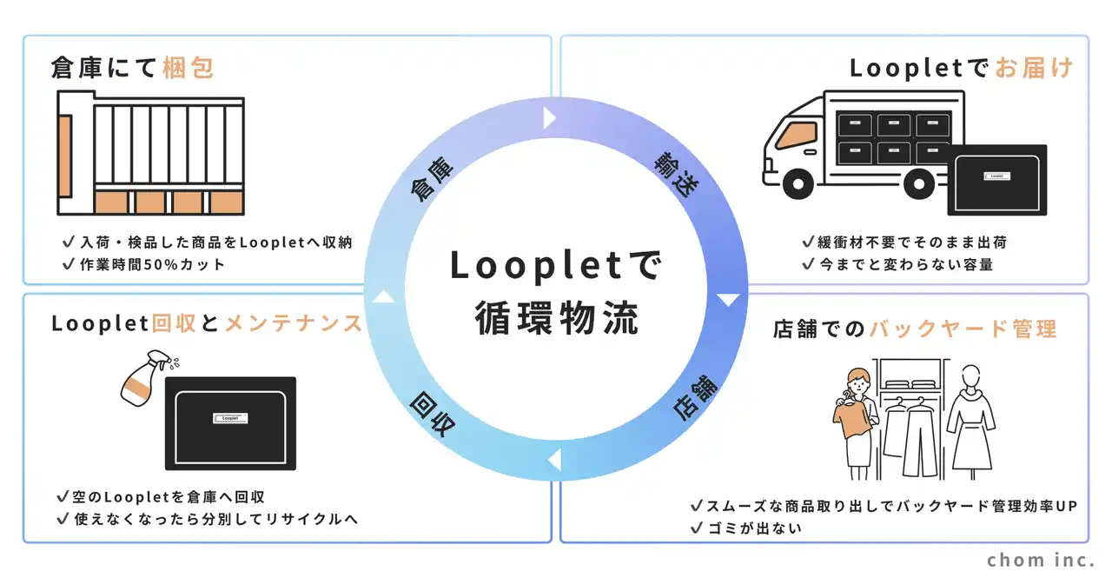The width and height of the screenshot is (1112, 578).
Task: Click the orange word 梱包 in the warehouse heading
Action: tap(189, 68)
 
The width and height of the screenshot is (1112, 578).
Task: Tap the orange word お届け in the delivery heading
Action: tap(1035, 68)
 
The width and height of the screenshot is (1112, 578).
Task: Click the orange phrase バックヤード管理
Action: tap(963, 329)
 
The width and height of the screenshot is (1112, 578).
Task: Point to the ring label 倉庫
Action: tap(432, 179)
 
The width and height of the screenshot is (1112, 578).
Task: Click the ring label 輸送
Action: tap(677, 175)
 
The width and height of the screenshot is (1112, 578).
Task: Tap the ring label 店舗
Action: tap(695, 398)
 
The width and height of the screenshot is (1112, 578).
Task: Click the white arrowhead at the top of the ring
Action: tap(549, 117)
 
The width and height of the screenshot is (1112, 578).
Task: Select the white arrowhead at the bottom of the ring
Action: tap(555, 460)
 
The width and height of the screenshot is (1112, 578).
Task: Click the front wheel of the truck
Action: tap(798, 183)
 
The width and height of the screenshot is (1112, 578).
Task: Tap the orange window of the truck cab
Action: tap(798, 135)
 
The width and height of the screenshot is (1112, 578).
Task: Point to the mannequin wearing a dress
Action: tap(971, 422)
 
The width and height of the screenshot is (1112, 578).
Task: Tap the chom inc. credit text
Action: tap(1041, 560)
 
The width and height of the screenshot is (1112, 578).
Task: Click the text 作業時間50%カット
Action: tap(152, 264)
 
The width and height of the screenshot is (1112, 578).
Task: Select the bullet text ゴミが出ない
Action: tap(755, 528)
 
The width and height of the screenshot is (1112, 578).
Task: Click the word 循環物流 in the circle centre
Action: tap(557, 319)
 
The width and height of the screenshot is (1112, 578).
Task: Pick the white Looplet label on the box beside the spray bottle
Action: tap(230, 418)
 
